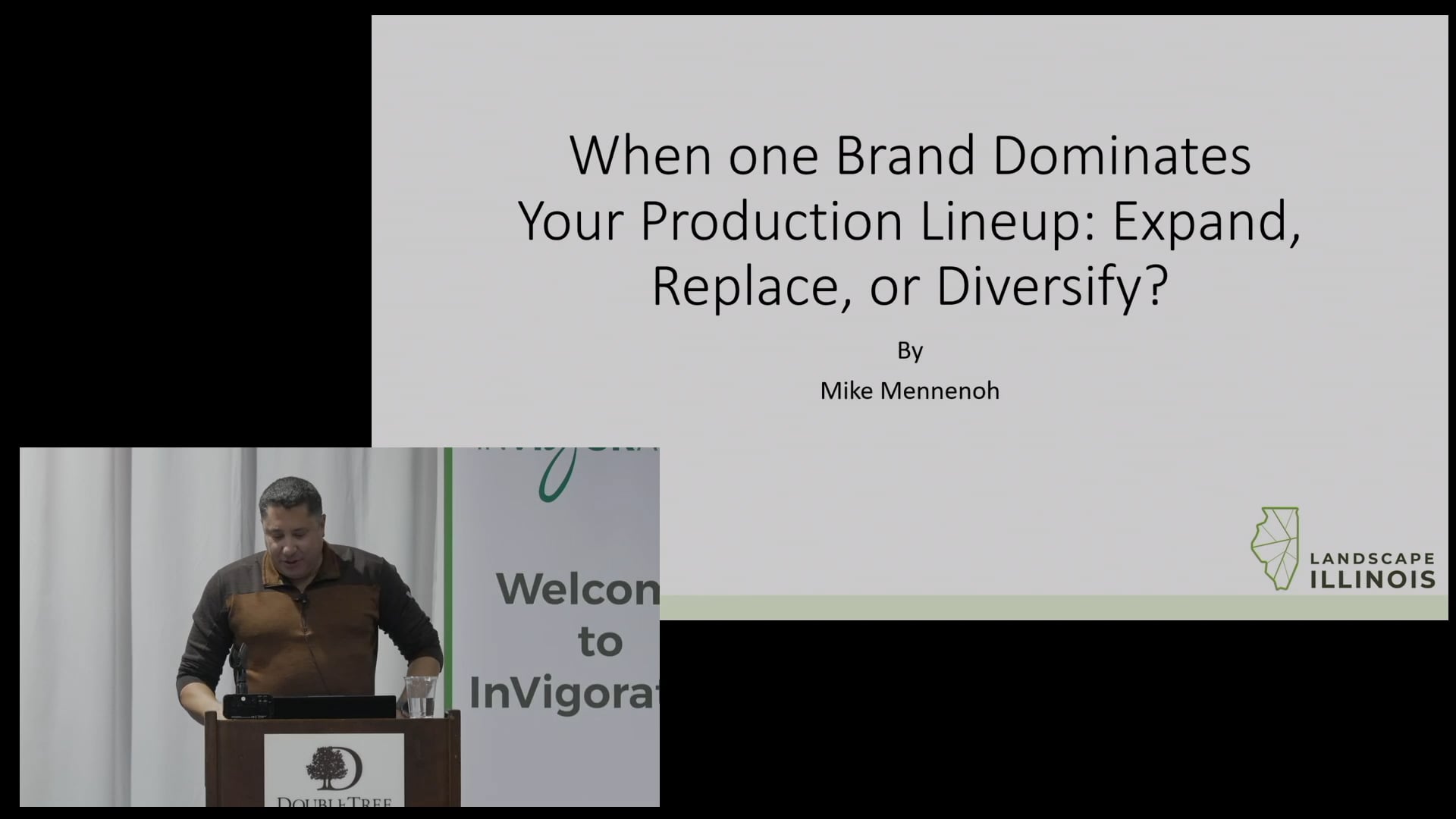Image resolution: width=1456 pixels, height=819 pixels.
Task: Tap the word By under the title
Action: coord(910,350)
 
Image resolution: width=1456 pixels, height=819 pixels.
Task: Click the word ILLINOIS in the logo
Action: coord(1373,580)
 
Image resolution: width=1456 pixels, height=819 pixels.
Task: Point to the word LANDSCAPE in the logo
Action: coord(1373,559)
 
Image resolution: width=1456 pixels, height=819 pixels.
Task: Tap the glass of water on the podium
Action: coord(420,696)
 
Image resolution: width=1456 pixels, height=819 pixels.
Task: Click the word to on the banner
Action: coord(600,642)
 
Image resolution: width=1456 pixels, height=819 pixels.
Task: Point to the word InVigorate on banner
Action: coord(563,692)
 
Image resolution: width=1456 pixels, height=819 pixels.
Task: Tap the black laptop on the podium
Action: coord(311,707)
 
